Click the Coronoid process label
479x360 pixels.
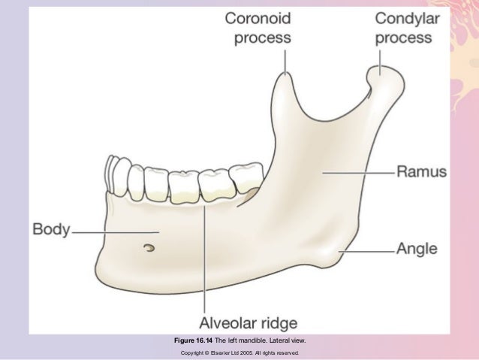[x=259, y=27]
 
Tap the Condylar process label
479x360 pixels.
[x=407, y=27]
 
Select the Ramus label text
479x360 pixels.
[x=421, y=171]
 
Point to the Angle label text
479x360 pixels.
[x=418, y=248]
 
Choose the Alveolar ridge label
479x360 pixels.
[x=248, y=323]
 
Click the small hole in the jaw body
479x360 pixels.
[x=150, y=247]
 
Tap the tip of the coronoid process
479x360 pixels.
[x=285, y=75]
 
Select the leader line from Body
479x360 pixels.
[x=113, y=232]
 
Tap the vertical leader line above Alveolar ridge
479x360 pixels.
[x=202, y=256]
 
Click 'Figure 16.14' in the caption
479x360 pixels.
[x=194, y=340]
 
